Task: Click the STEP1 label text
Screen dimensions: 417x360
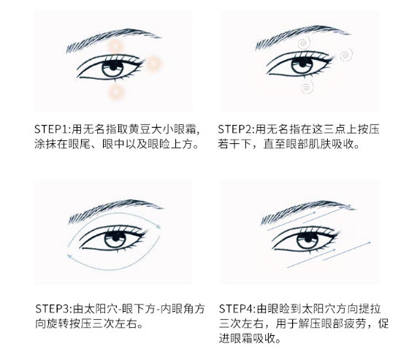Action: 52,129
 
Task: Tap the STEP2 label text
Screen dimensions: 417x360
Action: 235,129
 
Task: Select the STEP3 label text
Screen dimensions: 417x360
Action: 53,309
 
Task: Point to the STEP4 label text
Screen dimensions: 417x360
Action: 237,309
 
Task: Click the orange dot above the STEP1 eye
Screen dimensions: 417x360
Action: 115,46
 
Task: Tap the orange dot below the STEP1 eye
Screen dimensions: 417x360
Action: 115,92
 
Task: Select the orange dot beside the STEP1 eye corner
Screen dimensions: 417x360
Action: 153,64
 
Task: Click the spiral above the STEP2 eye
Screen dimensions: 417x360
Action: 304,43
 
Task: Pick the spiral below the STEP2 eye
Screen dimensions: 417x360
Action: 307,87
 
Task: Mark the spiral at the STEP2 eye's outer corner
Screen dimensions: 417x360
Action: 345,55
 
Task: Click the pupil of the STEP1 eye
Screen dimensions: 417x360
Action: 113,66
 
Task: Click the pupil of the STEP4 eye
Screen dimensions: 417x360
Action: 307,238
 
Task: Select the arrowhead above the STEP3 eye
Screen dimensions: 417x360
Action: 158,226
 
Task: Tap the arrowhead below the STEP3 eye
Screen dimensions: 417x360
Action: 69,256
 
